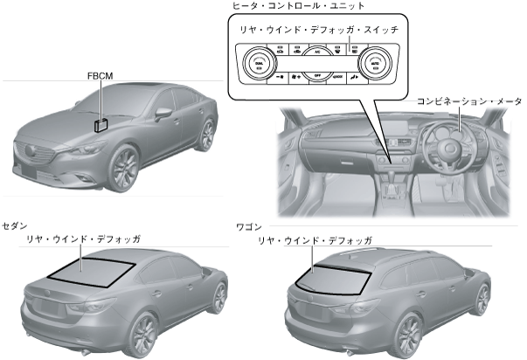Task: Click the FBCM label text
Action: click(100, 76)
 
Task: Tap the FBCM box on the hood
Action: click(101, 123)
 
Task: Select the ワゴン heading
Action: click(249, 225)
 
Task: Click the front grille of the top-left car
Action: click(37, 157)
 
